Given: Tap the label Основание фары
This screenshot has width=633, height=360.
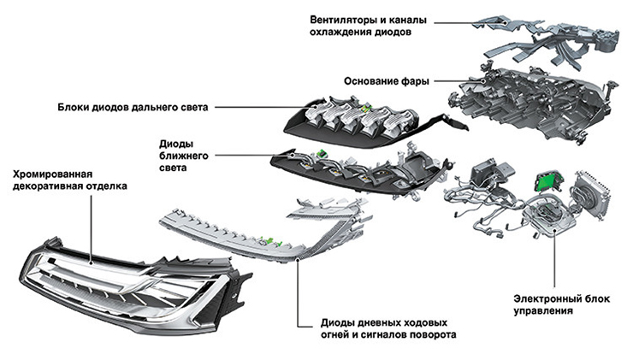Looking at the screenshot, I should click(384, 81).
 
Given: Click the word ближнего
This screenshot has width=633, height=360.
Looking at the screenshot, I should click(186, 156).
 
